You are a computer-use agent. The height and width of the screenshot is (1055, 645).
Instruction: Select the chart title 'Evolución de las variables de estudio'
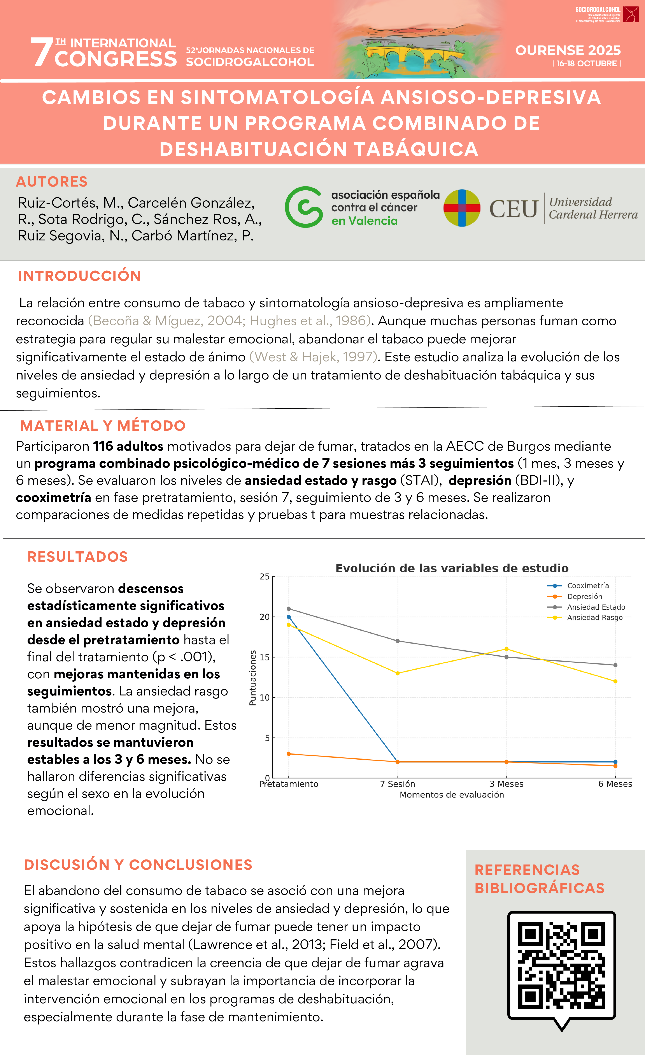[x=452, y=568]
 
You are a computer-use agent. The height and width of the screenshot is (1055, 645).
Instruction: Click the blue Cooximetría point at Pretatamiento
[x=289, y=617]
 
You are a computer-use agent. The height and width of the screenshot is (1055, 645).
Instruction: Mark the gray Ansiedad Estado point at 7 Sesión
[x=397, y=641]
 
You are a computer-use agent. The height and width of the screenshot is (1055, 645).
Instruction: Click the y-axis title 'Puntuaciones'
[x=253, y=678]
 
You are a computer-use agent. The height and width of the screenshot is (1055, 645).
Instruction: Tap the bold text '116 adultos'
[x=128, y=446]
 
